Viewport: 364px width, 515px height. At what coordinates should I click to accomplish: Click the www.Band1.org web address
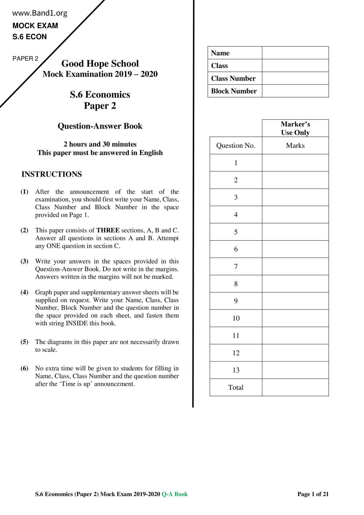coord(40,13)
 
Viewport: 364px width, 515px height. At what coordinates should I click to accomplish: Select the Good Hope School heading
coord(100,63)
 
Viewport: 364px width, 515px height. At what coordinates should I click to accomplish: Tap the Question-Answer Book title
coord(100,126)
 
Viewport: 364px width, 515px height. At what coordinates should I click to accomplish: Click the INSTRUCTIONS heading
coord(52,174)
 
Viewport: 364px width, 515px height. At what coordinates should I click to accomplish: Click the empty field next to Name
coord(295,53)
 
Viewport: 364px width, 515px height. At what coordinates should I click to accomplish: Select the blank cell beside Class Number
coord(295,78)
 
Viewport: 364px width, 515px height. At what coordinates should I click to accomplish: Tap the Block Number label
coord(234,91)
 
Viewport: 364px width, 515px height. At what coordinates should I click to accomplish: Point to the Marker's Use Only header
coord(295,128)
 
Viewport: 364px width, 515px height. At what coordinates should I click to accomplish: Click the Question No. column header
coord(236,146)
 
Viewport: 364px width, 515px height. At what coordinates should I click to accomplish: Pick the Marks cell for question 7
coord(295,267)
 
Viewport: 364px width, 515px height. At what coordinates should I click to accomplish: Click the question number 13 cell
coord(236,370)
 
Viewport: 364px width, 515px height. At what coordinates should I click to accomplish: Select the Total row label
coord(236,388)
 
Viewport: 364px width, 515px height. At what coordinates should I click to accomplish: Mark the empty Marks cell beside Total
coord(295,388)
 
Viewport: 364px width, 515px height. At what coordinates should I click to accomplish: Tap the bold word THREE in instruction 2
coord(108,230)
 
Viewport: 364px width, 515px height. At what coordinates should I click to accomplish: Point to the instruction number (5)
coord(24,342)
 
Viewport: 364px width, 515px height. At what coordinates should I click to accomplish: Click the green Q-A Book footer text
coord(175,494)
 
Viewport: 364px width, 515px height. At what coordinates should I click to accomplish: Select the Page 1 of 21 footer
coord(313,494)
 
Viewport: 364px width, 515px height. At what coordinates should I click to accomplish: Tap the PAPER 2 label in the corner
coord(25,58)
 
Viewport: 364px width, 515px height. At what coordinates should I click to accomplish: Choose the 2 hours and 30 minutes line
coord(100,144)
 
